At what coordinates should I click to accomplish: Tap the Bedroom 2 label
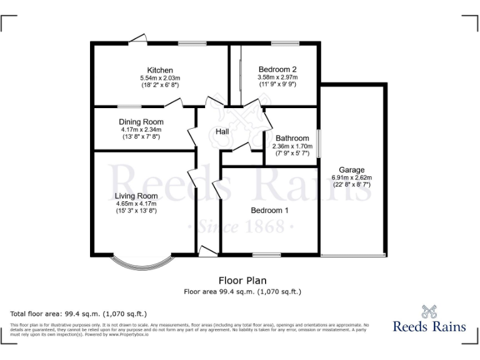point(277,69)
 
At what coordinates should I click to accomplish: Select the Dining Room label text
point(141,122)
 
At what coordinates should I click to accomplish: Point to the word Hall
point(222,132)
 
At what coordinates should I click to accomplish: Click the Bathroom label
point(292,139)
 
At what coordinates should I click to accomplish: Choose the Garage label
point(351,170)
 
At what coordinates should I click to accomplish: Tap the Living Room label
point(136,196)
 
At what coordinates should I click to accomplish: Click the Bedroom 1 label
point(269,211)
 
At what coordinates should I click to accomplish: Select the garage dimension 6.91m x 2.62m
point(351,177)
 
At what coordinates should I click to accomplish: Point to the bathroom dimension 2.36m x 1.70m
point(292,146)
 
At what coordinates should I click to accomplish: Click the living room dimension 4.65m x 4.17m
point(136,204)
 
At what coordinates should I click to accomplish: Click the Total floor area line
point(79,313)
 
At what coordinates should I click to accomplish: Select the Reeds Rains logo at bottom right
point(429,319)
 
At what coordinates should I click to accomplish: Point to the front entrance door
point(208,251)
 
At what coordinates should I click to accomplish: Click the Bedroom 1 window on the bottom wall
point(266,254)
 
